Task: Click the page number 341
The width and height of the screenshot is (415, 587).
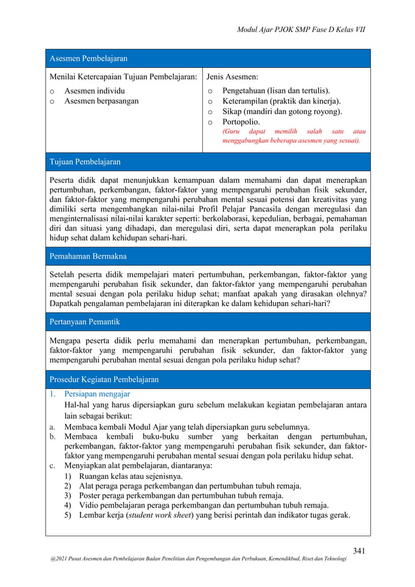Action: tap(359, 551)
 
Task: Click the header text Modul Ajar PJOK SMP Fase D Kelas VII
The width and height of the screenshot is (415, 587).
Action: tap(301, 30)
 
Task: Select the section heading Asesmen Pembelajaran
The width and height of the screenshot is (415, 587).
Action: tap(88, 59)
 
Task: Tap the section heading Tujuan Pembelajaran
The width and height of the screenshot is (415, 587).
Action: tap(85, 161)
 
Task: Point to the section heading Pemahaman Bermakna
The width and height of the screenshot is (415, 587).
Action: tap(88, 256)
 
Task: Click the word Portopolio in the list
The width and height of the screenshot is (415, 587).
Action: tap(241, 122)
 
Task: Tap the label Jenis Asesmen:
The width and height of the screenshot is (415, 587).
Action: tap(232, 77)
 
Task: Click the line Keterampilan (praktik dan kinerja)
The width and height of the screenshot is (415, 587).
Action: tap(281, 101)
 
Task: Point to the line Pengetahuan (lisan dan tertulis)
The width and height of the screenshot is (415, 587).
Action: tap(276, 90)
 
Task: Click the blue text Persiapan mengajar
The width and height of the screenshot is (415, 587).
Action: tap(97, 394)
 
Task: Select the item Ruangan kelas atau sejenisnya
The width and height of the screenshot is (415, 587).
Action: tap(131, 476)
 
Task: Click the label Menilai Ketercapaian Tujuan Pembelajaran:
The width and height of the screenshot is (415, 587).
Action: tap(124, 77)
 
